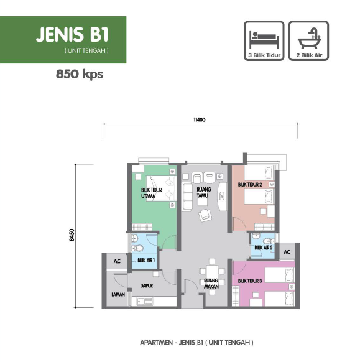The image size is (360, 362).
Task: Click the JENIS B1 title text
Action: coord(72,34)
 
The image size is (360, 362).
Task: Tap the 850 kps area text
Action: coord(80,75)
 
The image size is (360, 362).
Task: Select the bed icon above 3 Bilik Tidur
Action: coord(264,40)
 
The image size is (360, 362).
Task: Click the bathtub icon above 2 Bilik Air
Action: coord(309,39)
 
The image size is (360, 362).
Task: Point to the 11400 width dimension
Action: coord(200,119)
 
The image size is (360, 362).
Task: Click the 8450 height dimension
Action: coord(72,235)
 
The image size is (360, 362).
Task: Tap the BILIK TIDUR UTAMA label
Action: coord(151,193)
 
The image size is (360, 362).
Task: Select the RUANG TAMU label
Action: coord(203,193)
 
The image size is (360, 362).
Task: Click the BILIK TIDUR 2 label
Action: coord(250,185)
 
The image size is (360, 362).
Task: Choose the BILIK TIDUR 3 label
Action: coord(250,281)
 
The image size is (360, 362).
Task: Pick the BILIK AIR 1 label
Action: coord(146,261)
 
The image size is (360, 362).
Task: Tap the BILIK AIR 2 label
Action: coord(264,248)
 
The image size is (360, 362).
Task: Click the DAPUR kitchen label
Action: coord(147,286)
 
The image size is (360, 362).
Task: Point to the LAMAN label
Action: coord(118,295)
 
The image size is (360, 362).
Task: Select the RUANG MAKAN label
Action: coord(211,284)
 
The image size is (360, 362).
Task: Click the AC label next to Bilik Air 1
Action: coord(117,261)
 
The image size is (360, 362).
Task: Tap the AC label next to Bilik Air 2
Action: coord(287,252)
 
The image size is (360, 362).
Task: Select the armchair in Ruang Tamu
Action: coord(205,215)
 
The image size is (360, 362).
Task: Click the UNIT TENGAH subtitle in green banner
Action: coord(87,50)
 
